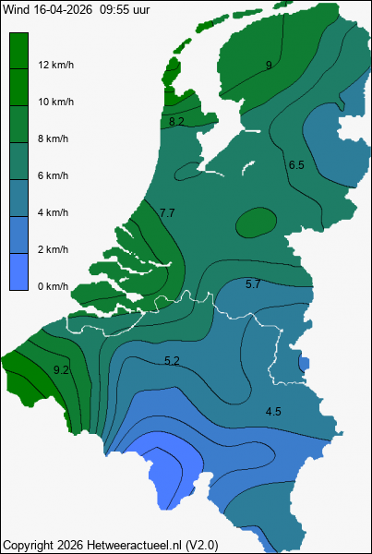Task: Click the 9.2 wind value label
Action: [x=62, y=369]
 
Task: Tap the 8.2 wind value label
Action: [x=176, y=121]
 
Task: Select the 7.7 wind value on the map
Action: [x=167, y=213]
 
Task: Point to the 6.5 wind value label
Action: [x=296, y=164]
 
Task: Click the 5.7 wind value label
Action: [x=253, y=283]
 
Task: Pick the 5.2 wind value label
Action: [x=171, y=360]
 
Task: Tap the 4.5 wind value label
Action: [x=273, y=412]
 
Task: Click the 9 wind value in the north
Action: [x=269, y=65]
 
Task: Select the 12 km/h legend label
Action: [x=55, y=65]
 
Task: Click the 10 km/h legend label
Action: [x=55, y=102]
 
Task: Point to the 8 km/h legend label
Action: [x=53, y=138]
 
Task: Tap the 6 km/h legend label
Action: [x=53, y=175]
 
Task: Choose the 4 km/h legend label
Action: [x=53, y=212]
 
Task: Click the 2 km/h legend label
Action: [x=53, y=249]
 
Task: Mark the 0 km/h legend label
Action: [x=53, y=286]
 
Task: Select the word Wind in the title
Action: [x=15, y=9]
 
